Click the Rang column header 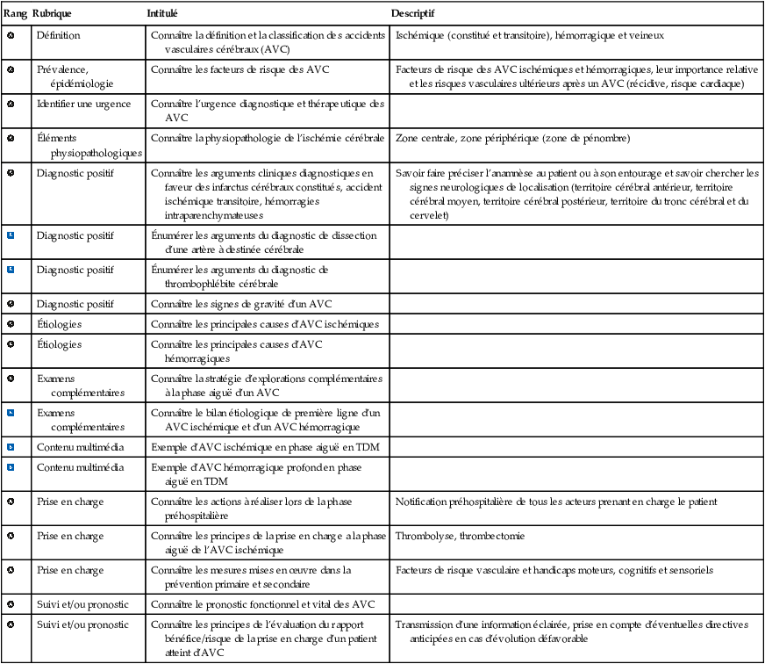15,16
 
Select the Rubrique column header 52,16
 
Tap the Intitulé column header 162,16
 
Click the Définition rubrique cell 58,36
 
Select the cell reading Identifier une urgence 83,104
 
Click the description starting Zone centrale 512,139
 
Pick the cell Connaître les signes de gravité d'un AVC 241,304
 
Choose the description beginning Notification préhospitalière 557,502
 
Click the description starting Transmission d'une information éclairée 572,632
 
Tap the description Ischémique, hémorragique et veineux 530,36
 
